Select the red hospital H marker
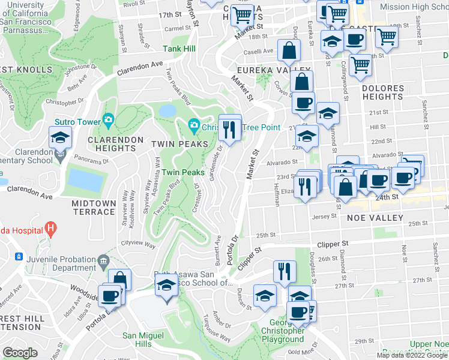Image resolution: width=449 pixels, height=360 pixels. [x=51, y=229]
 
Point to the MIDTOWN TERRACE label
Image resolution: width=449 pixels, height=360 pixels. [x=93, y=208]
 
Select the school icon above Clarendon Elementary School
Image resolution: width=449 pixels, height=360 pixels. [x=60, y=138]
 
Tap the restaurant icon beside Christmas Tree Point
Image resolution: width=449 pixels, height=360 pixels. [x=230, y=127]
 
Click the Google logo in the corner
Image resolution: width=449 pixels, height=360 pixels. [x=20, y=352]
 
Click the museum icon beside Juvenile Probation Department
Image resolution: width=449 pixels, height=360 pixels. [x=103, y=261]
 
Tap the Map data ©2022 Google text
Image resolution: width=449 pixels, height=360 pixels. [x=412, y=355]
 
